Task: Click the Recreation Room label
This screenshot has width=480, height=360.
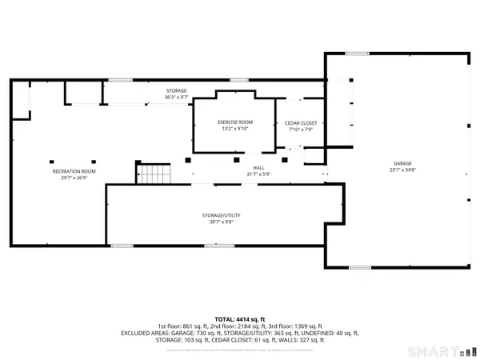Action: click(x=74, y=171)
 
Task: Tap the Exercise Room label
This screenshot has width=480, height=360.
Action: click(x=234, y=122)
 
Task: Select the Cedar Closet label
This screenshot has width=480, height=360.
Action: click(x=302, y=123)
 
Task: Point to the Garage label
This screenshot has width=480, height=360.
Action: click(x=390, y=162)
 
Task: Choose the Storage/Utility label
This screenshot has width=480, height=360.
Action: click(x=221, y=215)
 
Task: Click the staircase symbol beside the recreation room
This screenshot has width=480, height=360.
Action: click(x=154, y=172)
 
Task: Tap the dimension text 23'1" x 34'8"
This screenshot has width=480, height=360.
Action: click(x=390, y=169)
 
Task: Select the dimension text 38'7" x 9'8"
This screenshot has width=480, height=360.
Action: click(x=221, y=222)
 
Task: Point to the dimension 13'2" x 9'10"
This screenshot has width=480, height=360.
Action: click(x=234, y=129)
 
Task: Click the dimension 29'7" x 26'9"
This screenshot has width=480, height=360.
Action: click(x=74, y=178)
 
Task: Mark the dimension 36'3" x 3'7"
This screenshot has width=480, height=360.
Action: click(x=176, y=97)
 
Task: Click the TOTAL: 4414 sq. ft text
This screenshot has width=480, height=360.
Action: click(x=239, y=319)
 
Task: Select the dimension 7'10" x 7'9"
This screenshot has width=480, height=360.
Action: click(x=302, y=130)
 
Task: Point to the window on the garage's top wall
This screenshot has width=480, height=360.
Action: click(x=357, y=54)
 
